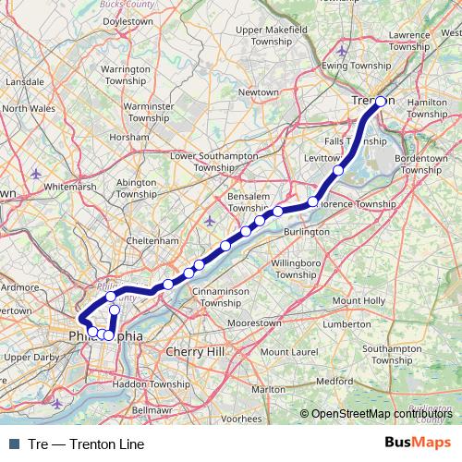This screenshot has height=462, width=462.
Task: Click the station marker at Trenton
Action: pyautogui.click(x=381, y=103)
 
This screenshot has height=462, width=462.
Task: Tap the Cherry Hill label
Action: pyautogui.click(x=194, y=352)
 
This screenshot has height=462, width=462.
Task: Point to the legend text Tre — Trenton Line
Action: pyautogui.click(x=87, y=444)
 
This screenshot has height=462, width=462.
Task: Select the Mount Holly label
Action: pyautogui.click(x=359, y=301)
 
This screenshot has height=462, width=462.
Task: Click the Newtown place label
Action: pyautogui.click(x=258, y=92)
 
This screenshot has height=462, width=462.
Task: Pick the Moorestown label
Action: pyautogui.click(x=254, y=324)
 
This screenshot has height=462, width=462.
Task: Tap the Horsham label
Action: pyautogui.click(x=128, y=136)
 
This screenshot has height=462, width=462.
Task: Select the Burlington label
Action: pyautogui.click(x=307, y=231)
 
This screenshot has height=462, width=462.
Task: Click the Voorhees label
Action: pyautogui.click(x=241, y=418)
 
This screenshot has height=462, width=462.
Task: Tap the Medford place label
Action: pyautogui.click(x=334, y=380)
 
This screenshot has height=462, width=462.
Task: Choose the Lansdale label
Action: pyautogui.click(x=18, y=82)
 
